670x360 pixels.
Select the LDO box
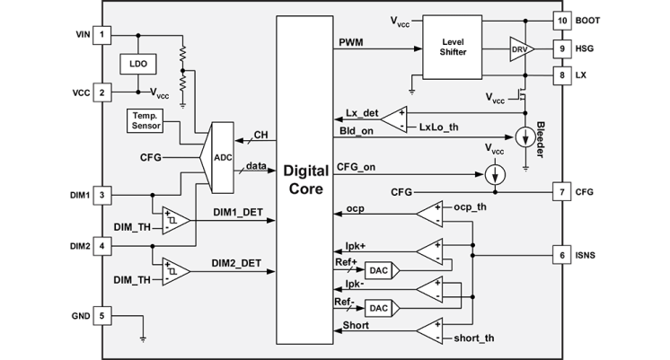pyautogui.click(x=138, y=65)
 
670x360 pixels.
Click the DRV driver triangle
pyautogui.click(x=520, y=48)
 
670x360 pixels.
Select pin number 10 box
pyautogui.click(x=562, y=19)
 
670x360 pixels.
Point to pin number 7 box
pyautogui.click(x=562, y=192)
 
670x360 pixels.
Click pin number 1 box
pyautogui.click(x=105, y=35)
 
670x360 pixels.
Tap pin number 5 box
pyautogui.click(x=105, y=316)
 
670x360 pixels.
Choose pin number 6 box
pyautogui.click(x=562, y=255)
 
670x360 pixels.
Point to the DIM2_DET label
pyautogui.click(x=237, y=263)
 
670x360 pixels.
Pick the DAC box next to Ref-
pyautogui.click(x=378, y=308)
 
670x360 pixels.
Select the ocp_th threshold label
pyautogui.click(x=470, y=207)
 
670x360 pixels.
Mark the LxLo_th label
pyautogui.click(x=438, y=127)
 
